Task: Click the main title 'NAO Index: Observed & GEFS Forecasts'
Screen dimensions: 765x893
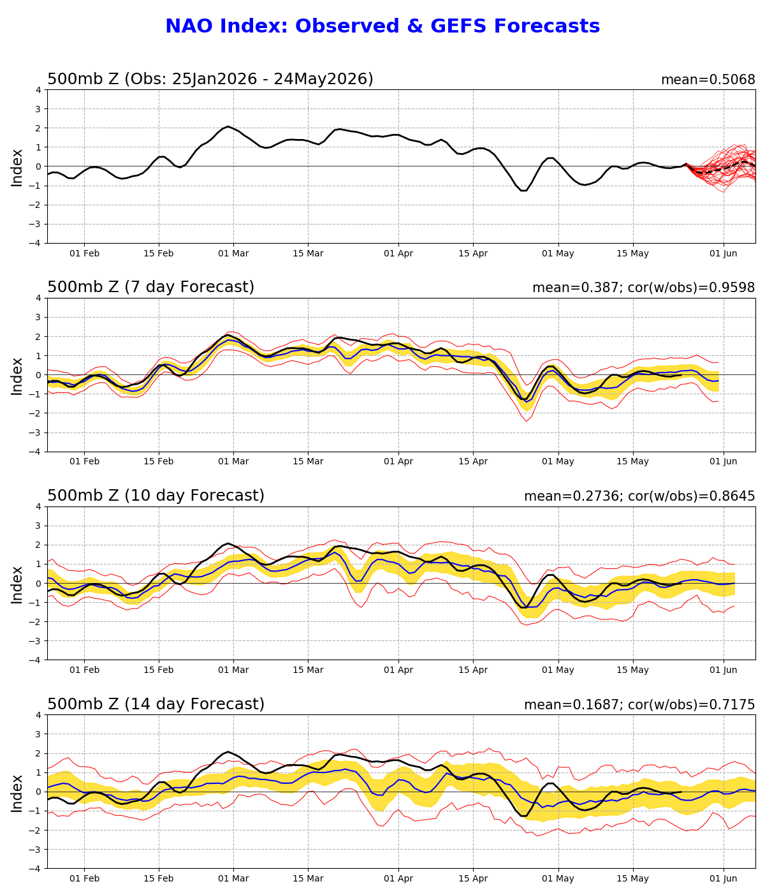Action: pyautogui.click(x=382, y=26)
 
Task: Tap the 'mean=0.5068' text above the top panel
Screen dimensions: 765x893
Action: pyautogui.click(x=708, y=80)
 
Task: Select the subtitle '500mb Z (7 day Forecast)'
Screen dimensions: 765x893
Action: pyautogui.click(x=150, y=287)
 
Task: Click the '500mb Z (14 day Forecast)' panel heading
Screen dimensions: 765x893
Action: pyautogui.click(x=156, y=704)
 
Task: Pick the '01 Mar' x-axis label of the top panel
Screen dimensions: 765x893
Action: pyautogui.click(x=233, y=254)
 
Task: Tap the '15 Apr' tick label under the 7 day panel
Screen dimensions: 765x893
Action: pyautogui.click(x=473, y=461)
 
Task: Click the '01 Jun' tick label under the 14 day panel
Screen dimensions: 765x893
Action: pyautogui.click(x=724, y=879)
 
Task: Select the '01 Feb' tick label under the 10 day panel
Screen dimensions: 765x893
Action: pyautogui.click(x=85, y=670)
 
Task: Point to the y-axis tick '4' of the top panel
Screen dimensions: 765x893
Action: pyautogui.click(x=39, y=90)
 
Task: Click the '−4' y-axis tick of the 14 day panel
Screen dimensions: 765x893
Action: pyautogui.click(x=36, y=869)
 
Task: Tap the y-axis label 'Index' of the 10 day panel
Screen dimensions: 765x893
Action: pyautogui.click(x=17, y=586)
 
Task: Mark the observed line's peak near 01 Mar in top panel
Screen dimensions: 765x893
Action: pyautogui.click(x=228, y=126)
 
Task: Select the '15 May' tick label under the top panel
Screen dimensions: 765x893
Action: pyautogui.click(x=633, y=254)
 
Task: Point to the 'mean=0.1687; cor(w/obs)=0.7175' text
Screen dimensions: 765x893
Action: pyautogui.click(x=640, y=705)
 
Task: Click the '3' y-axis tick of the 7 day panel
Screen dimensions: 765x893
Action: pyautogui.click(x=39, y=317)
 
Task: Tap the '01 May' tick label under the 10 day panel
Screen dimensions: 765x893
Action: pyautogui.click(x=558, y=670)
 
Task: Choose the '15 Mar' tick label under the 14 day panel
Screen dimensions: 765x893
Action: pyautogui.click(x=309, y=879)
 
